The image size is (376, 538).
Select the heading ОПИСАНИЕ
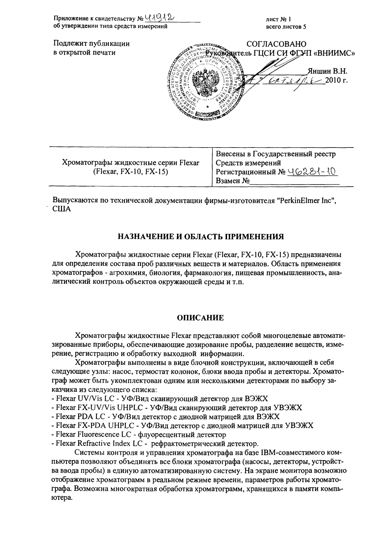(x=200, y=318)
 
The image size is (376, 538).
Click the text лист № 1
(x=278, y=20)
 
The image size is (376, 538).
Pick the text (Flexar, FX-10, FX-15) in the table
(x=130, y=171)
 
